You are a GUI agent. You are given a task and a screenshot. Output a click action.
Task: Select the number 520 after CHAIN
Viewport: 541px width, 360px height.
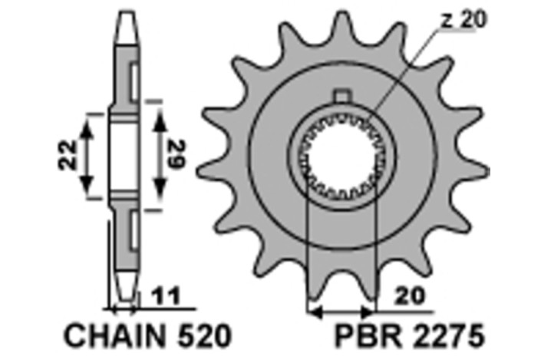pos(202,336)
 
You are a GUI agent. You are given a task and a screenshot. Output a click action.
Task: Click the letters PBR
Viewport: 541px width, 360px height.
pos(363,336)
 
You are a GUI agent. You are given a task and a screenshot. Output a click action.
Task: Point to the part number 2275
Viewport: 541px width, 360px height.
pos(450,336)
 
